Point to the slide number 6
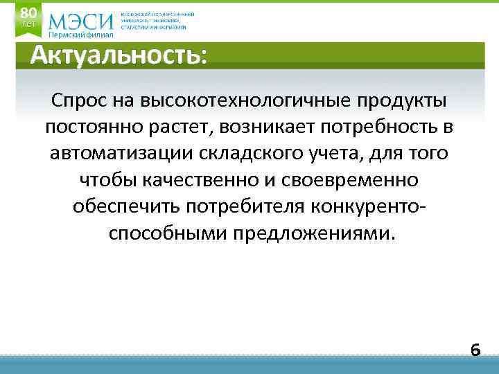(475, 350)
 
